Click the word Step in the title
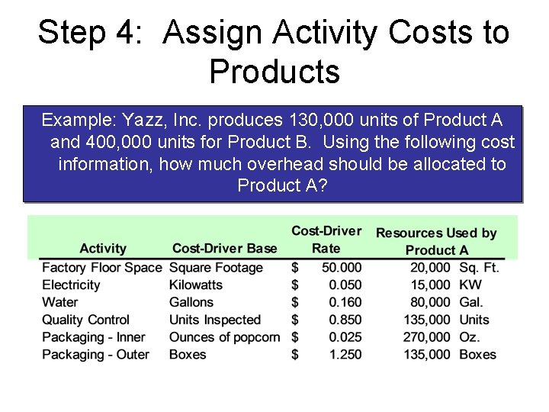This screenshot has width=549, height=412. point(73,33)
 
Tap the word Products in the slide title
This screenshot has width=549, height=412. point(274,72)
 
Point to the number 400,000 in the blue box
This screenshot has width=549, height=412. point(120,143)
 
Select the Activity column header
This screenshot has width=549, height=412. point(103,248)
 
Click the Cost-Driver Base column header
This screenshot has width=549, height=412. point(225,248)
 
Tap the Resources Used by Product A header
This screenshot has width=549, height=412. point(436,241)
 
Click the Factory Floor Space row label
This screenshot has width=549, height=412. point(101,268)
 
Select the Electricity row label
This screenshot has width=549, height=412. point(71,285)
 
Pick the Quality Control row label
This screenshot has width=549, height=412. point(85,320)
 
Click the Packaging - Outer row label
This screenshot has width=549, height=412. point(95,355)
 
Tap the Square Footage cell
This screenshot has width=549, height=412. point(216,268)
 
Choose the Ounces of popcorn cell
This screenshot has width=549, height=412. point(224,337)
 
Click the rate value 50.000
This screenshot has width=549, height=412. point(340,268)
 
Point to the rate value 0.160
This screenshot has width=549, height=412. point(345,302)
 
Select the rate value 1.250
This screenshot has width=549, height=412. point(345,355)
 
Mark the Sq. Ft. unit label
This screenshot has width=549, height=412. point(478,268)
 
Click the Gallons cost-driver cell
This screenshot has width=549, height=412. point(191,302)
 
